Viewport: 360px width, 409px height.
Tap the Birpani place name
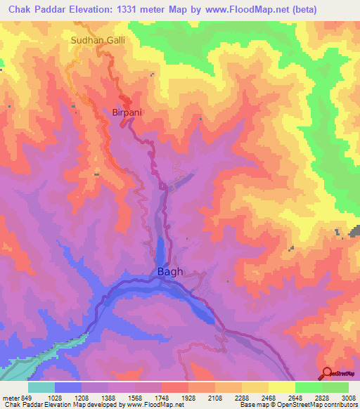[x=128, y=112]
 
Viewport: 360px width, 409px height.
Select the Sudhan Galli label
[x=98, y=41]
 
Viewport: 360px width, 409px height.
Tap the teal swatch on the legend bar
[x=41, y=387]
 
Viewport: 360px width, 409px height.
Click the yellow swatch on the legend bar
[x=281, y=387]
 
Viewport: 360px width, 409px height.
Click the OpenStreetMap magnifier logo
[x=327, y=373]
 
